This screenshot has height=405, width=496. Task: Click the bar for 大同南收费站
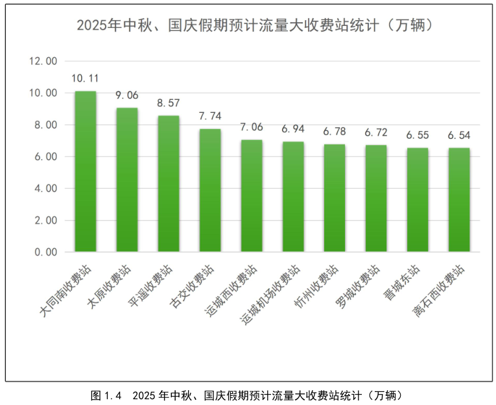coord(86,171)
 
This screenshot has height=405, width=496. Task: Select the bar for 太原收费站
coord(127,180)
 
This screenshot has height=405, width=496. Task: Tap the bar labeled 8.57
coord(169,184)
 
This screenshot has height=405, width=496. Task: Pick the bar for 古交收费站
coord(210,190)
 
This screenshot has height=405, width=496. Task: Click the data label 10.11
coord(85,79)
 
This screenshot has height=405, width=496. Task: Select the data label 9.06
coord(127,95)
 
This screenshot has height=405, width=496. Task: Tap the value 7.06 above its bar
coord(252,127)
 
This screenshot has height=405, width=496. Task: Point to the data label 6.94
coord(293,129)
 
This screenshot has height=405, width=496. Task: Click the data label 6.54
coord(459,136)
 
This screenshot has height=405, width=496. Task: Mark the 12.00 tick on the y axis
coord(44,62)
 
